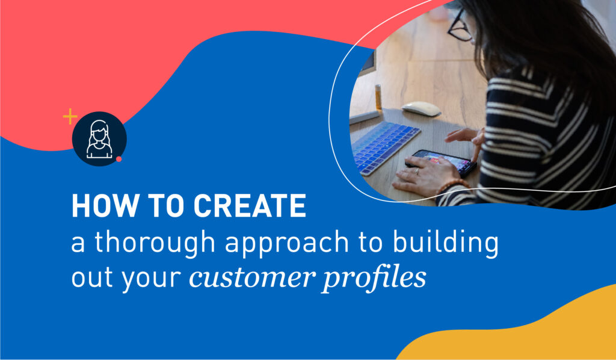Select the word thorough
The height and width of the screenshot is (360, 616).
click(x=155, y=243)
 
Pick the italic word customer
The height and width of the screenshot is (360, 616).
click(x=252, y=278)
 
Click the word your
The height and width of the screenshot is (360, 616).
click(x=151, y=280)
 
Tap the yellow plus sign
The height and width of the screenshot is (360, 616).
click(x=70, y=117)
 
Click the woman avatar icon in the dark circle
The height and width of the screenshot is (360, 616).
click(x=99, y=138)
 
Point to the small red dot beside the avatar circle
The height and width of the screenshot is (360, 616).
click(x=119, y=159)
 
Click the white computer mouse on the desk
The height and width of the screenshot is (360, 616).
click(x=421, y=108)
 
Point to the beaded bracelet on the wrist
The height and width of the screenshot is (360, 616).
click(x=452, y=185)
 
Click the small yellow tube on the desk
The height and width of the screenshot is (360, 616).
click(x=378, y=97)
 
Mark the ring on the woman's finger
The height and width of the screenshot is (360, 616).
click(x=417, y=171)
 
